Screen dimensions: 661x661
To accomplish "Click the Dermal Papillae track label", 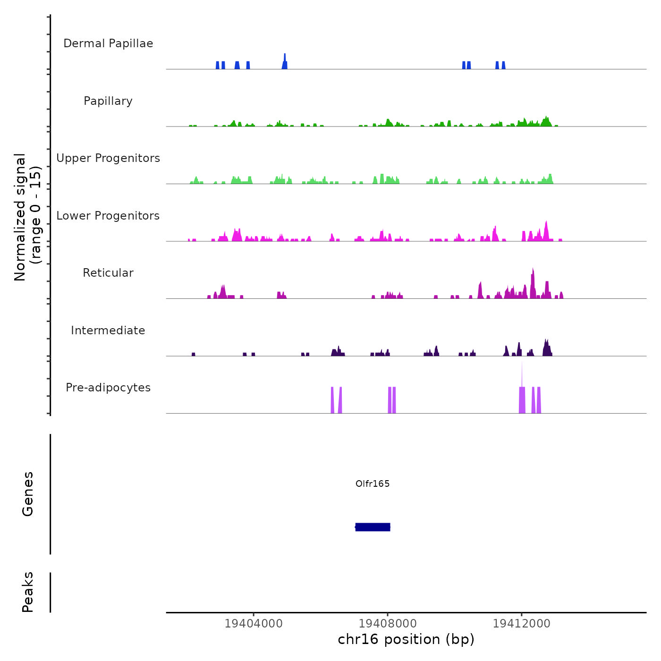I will tap(108, 43).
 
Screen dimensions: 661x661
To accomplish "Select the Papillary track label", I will tap(108, 101).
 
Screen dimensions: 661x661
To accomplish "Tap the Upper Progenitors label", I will tap(108, 158).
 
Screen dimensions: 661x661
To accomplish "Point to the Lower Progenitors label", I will tap(108, 216).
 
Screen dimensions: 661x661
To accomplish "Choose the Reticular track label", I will tap(108, 273).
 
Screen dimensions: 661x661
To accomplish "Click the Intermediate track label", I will tap(108, 330).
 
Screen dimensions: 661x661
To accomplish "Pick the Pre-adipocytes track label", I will tap(108, 388).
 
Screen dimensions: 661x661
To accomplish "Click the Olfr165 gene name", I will tap(373, 483).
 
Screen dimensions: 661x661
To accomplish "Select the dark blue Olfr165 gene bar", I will tap(373, 527).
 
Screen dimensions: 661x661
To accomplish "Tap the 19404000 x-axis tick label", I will tap(254, 623).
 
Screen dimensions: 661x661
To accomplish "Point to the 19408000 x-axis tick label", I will tap(388, 623).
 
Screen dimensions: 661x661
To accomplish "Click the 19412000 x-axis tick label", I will tap(522, 623).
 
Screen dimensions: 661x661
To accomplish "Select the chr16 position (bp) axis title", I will tap(406, 639).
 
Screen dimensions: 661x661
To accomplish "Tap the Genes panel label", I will tap(28, 494).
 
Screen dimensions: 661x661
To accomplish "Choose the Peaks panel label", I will tap(28, 592).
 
